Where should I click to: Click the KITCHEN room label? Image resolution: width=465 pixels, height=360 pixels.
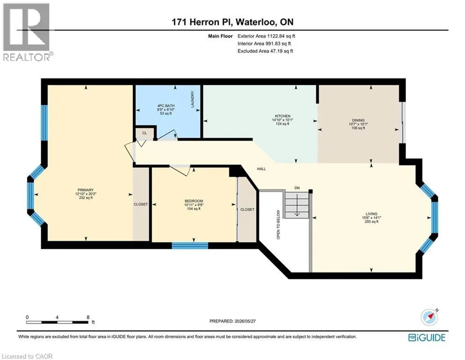pyautogui.click(x=282, y=116)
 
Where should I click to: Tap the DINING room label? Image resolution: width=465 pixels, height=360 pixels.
pyautogui.click(x=358, y=120)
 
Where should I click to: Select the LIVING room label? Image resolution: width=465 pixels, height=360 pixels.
pyautogui.click(x=371, y=214)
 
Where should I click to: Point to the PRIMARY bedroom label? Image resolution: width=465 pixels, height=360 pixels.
pyautogui.click(x=86, y=190)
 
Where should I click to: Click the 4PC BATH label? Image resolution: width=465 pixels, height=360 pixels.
pyautogui.click(x=166, y=105)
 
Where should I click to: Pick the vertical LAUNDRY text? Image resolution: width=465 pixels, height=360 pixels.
pyautogui.click(x=192, y=99)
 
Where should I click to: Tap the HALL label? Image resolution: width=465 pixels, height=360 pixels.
pyautogui.click(x=261, y=169)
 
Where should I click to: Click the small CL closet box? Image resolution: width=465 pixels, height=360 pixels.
pyautogui.click(x=144, y=133)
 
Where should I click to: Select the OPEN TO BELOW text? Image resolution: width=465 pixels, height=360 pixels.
pyautogui.click(x=278, y=225)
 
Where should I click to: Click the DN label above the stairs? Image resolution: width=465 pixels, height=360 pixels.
pyautogui.click(x=297, y=188)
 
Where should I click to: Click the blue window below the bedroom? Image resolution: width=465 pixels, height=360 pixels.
pyautogui.click(x=190, y=246)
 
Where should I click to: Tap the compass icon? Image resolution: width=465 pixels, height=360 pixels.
pyautogui.click(x=429, y=317)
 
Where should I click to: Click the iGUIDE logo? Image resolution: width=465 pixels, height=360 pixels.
pyautogui.click(x=427, y=338)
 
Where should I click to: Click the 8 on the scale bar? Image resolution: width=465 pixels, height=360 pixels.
pyautogui.click(x=88, y=317)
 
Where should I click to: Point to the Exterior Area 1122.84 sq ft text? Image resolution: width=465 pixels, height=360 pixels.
pyautogui.click(x=266, y=36)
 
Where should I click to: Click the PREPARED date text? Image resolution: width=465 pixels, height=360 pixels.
pyautogui.click(x=232, y=321)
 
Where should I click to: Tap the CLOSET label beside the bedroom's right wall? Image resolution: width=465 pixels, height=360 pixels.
pyautogui.click(x=247, y=210)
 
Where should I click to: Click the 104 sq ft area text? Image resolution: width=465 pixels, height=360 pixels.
pyautogui.click(x=194, y=209)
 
